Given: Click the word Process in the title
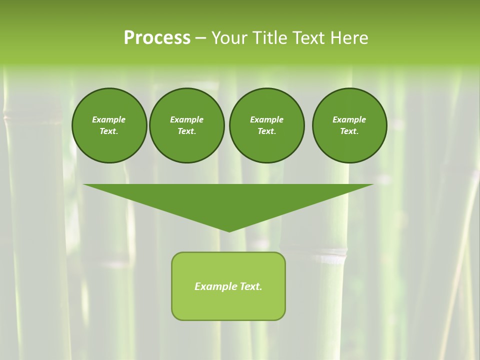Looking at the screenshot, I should click(x=157, y=38).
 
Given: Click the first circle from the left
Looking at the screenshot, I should click(x=109, y=125).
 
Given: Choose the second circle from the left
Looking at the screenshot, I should click(x=187, y=125).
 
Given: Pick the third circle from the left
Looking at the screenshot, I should click(x=266, y=125).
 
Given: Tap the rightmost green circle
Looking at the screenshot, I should click(x=349, y=125).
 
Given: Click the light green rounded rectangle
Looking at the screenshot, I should click(x=228, y=305).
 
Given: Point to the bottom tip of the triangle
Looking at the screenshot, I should click(x=229, y=231).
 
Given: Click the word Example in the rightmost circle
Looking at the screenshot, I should click(x=349, y=119).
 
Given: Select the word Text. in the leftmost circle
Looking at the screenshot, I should click(x=109, y=131).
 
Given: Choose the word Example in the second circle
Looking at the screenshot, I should click(x=187, y=119).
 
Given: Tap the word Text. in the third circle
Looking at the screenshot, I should click(x=266, y=131).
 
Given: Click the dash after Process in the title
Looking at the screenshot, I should click(x=200, y=38).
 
